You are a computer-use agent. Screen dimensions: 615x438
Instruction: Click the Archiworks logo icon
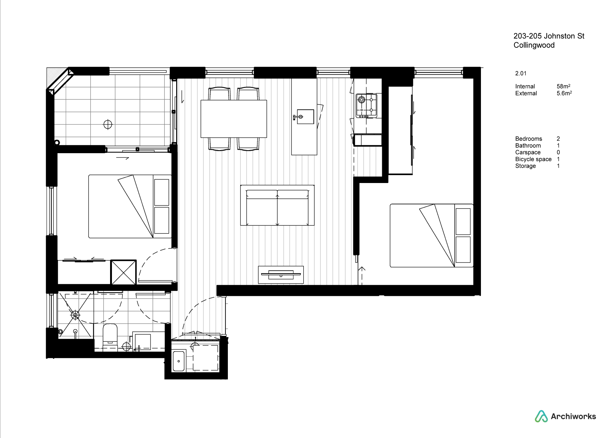pyautogui.click(x=541, y=416)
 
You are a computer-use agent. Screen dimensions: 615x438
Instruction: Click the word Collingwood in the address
pyautogui.click(x=534, y=45)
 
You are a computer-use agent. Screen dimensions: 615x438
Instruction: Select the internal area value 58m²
pyautogui.click(x=563, y=86)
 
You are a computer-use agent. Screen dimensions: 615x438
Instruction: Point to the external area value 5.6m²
pyautogui.click(x=564, y=93)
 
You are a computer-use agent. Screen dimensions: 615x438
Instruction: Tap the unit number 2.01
pyautogui.click(x=521, y=73)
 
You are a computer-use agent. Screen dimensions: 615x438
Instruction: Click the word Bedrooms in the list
pyautogui.click(x=529, y=139)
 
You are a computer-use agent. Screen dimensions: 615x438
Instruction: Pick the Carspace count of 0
pyautogui.click(x=558, y=152)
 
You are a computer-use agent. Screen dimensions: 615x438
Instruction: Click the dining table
pyautogui.click(x=234, y=119)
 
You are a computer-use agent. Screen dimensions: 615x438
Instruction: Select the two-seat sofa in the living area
pyautogui.click(x=277, y=205)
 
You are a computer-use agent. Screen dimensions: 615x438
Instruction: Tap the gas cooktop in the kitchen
pyautogui.click(x=366, y=106)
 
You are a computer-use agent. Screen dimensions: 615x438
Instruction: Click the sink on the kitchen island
pyautogui.click(x=305, y=117)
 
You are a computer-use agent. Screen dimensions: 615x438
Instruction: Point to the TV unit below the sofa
pyautogui.click(x=281, y=275)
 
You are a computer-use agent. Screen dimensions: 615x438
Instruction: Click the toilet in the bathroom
pyautogui.click(x=110, y=337)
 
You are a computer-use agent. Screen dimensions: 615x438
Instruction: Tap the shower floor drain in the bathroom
pyautogui.click(x=75, y=315)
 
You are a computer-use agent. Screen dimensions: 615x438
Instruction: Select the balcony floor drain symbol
pyautogui.click(x=108, y=125)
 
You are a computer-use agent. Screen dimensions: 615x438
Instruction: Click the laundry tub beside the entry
pyautogui.click(x=179, y=361)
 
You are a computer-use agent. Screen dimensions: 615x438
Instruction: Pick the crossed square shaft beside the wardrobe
pyautogui.click(x=123, y=273)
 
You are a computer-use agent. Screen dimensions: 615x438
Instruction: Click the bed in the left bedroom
pyautogui.click(x=130, y=206)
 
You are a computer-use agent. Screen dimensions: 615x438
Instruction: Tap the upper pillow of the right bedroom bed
pyautogui.click(x=463, y=221)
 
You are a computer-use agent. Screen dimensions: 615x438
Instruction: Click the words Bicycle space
pyautogui.click(x=534, y=159)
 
